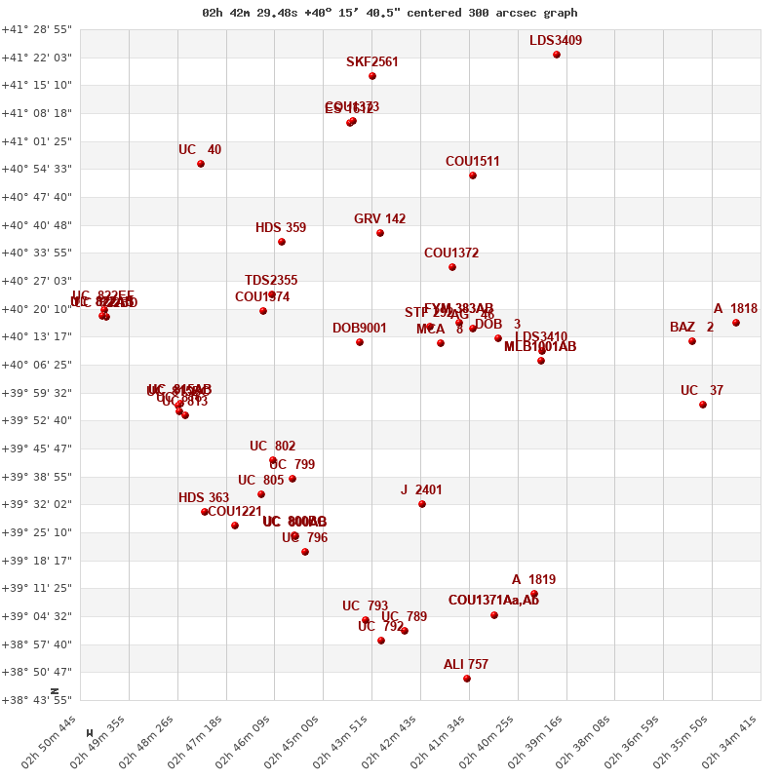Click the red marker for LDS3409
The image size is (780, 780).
pos(557,55)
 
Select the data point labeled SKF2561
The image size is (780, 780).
pos(372,76)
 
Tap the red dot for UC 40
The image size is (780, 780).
pos(201,164)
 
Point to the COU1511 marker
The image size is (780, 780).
pos(473,175)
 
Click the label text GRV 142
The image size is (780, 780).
pos(379,219)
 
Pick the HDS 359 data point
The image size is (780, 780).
pos(282,242)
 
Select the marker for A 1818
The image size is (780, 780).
pos(736,323)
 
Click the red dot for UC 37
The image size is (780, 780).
pos(703,405)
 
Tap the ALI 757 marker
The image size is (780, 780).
pos(467,679)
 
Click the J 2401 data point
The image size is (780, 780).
pos(422,504)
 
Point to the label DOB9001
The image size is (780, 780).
pos(359,329)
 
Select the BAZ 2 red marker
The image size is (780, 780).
pos(692,341)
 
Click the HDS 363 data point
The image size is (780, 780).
pos(205,512)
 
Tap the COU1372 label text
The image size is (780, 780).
pos(450,253)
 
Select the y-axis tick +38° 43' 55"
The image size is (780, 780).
pos(37,700)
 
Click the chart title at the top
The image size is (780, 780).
pos(389,13)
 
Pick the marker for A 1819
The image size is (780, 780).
pos(534,594)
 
